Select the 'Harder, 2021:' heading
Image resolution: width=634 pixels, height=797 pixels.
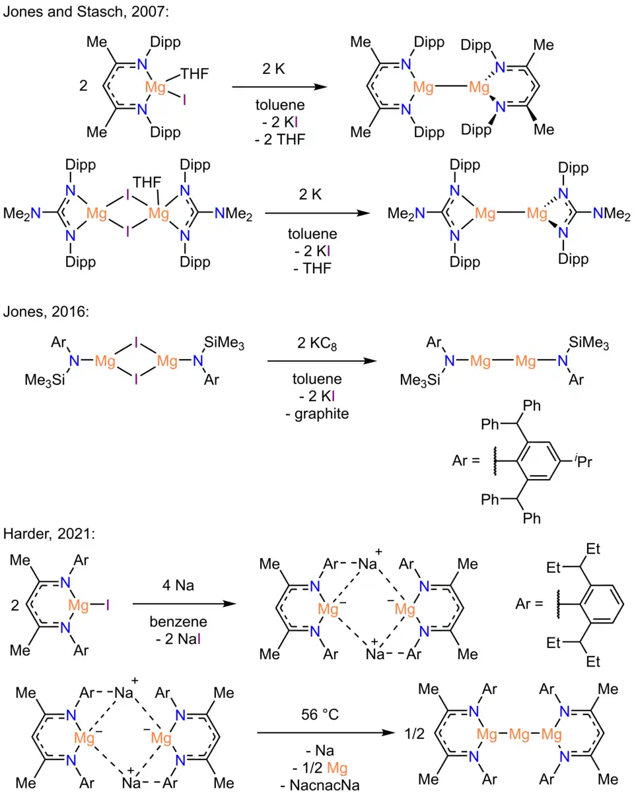coord(48,532)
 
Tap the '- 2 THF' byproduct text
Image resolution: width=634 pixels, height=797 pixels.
coord(278,140)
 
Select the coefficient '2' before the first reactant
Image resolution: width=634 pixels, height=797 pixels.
coord(83,86)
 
